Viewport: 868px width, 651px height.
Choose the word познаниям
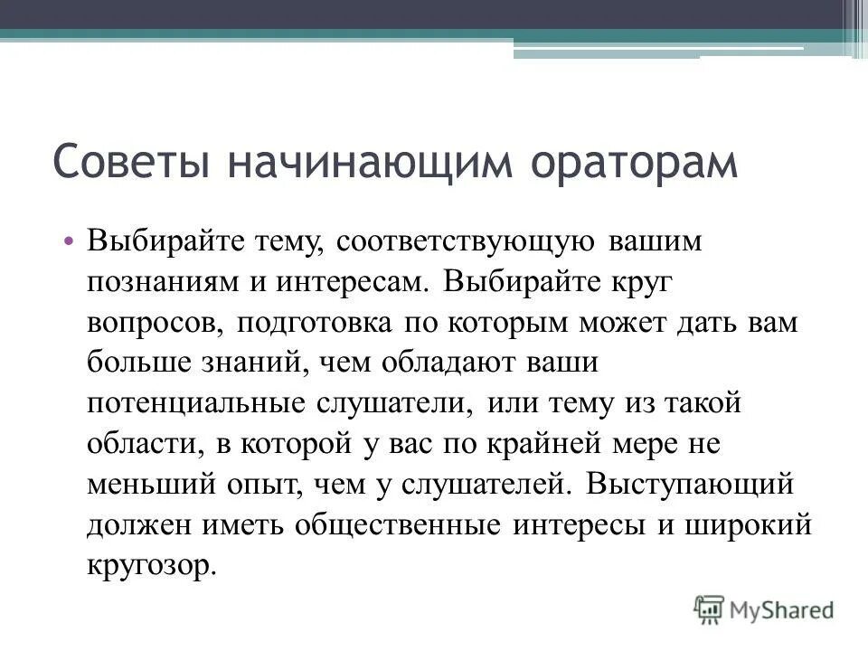point(159,283)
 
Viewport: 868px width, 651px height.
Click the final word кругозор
point(152,564)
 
